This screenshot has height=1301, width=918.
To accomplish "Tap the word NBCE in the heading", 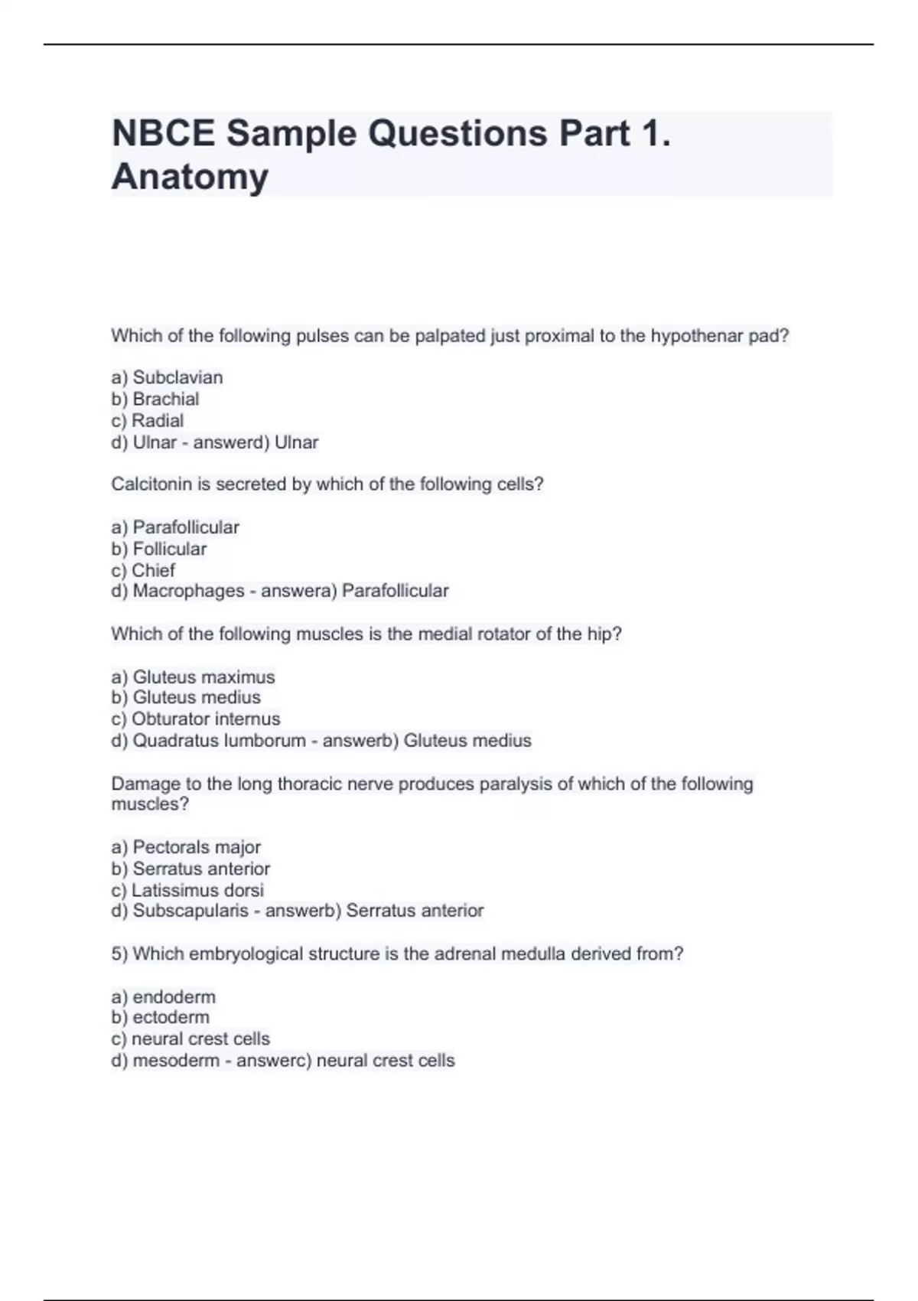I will pos(163,133).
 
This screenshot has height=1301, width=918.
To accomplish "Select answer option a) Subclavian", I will pos(167,377).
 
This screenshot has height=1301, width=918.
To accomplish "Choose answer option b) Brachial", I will pos(155,399).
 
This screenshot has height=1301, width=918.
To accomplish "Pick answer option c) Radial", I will pos(148,420).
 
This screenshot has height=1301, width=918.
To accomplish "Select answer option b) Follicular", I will pos(159,549).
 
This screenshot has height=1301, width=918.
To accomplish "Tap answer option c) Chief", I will pos(143,570).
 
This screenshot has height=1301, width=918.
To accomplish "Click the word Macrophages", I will pos(188,591).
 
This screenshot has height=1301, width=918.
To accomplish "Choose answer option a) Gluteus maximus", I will pos(193,677).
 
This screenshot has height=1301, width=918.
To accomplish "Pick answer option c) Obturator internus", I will pos(196,719).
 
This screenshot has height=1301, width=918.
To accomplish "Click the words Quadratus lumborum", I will pos(219,740).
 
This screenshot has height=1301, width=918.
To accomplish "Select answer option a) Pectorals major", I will pos(186,847).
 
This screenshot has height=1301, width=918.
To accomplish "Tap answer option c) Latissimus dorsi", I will pos(187,890).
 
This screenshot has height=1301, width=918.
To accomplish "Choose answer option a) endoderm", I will pos(164,996).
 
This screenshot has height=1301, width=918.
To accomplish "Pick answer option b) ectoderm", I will pos(160,1017).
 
